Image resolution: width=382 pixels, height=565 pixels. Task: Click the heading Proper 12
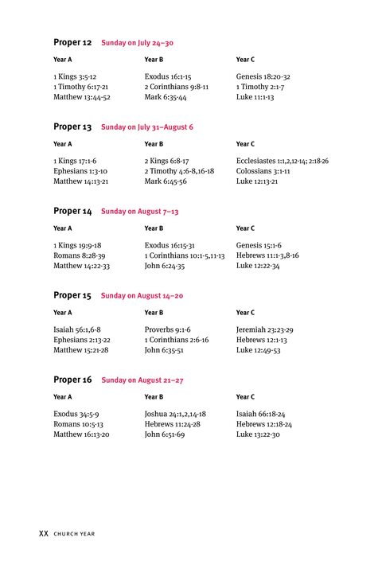coord(72,42)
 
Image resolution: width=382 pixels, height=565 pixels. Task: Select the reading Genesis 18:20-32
coord(263,76)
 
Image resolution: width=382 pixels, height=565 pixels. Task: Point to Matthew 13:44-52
coord(81,97)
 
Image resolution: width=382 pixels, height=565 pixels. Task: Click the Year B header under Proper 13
coord(154,144)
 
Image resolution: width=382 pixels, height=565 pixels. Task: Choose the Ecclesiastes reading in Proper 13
coord(282,161)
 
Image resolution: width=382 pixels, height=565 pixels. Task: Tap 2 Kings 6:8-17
coord(166,161)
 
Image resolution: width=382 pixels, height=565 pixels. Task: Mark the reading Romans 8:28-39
coord(79,255)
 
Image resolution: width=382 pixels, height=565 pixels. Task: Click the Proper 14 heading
coord(72,211)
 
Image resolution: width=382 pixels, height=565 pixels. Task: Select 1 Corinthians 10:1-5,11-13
coord(184,255)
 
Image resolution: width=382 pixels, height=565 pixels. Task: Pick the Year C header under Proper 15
coord(245,313)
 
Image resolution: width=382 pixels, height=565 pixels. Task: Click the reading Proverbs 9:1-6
coord(167,329)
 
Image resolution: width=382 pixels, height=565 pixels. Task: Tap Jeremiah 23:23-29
coord(264,329)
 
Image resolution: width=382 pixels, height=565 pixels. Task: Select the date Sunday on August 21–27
coord(142,380)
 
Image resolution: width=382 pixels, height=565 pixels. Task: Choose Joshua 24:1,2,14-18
coord(175,414)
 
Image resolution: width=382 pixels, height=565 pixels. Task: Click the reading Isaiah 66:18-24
coord(260,414)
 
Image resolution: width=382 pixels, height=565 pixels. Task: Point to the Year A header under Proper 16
coord(62,397)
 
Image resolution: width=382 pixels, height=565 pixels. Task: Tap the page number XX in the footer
coord(44,534)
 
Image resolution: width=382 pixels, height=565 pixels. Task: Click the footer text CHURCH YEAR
coord(74,535)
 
